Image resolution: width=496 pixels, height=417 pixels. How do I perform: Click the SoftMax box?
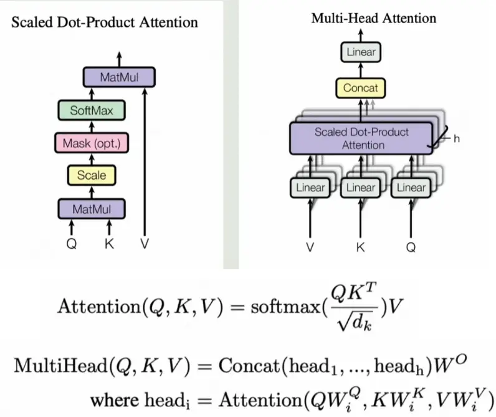click(x=91, y=111)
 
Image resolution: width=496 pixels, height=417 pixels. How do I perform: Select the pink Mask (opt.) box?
click(x=91, y=144)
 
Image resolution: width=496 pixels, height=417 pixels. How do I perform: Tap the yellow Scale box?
click(x=91, y=175)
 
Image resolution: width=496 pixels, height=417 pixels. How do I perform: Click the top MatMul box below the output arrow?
click(x=118, y=78)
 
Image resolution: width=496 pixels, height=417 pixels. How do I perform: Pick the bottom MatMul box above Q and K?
click(x=91, y=208)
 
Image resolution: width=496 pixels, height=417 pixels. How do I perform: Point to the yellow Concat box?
click(x=361, y=89)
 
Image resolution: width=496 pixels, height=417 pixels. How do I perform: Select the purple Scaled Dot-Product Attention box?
click(x=361, y=138)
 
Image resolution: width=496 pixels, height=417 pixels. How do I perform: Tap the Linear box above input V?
click(x=310, y=187)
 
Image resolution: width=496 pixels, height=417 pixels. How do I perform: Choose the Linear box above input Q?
click(x=411, y=187)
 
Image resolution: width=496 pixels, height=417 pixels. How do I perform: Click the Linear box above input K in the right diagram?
click(x=360, y=187)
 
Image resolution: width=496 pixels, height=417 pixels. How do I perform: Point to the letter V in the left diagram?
click(x=145, y=244)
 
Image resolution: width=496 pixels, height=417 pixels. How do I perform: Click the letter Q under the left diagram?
click(x=72, y=244)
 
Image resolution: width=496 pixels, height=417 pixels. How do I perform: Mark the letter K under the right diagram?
click(x=360, y=247)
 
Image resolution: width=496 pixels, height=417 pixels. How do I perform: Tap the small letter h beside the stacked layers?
click(x=456, y=138)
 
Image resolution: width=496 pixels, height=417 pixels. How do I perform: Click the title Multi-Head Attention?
click(x=374, y=17)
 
